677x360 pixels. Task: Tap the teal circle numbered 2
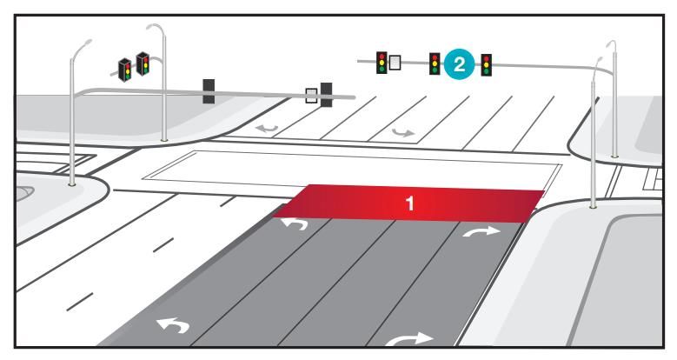coord(459,63)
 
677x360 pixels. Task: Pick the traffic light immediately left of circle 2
coord(434,63)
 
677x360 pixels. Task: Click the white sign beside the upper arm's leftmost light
coord(395,63)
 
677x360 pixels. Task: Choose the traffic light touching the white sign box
coord(381,63)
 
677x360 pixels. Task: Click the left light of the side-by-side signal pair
coord(125,67)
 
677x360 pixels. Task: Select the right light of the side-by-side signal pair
coord(143,63)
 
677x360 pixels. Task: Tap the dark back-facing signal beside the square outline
coord(326,94)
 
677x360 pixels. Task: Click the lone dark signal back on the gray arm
coord(209,91)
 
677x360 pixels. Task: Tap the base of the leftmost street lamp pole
coord(72,183)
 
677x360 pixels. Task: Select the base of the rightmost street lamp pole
coord(594,206)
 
